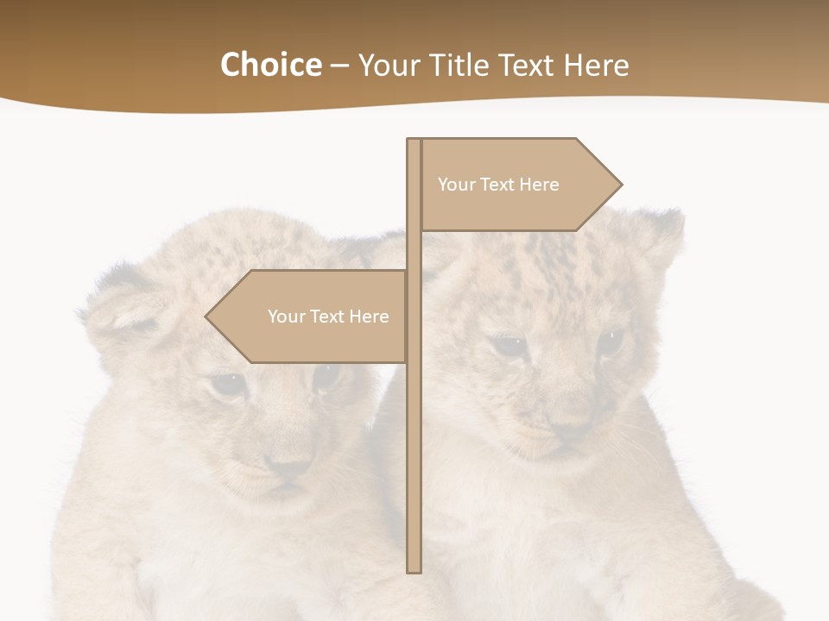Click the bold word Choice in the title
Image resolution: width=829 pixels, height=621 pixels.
270,65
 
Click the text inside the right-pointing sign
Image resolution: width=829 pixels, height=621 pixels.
498,185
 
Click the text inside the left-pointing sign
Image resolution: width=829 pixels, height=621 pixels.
328,317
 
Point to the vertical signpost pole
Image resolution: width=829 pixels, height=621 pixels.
414,431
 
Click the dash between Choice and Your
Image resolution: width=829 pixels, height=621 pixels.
339,66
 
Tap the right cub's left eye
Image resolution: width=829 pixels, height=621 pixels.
509,347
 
